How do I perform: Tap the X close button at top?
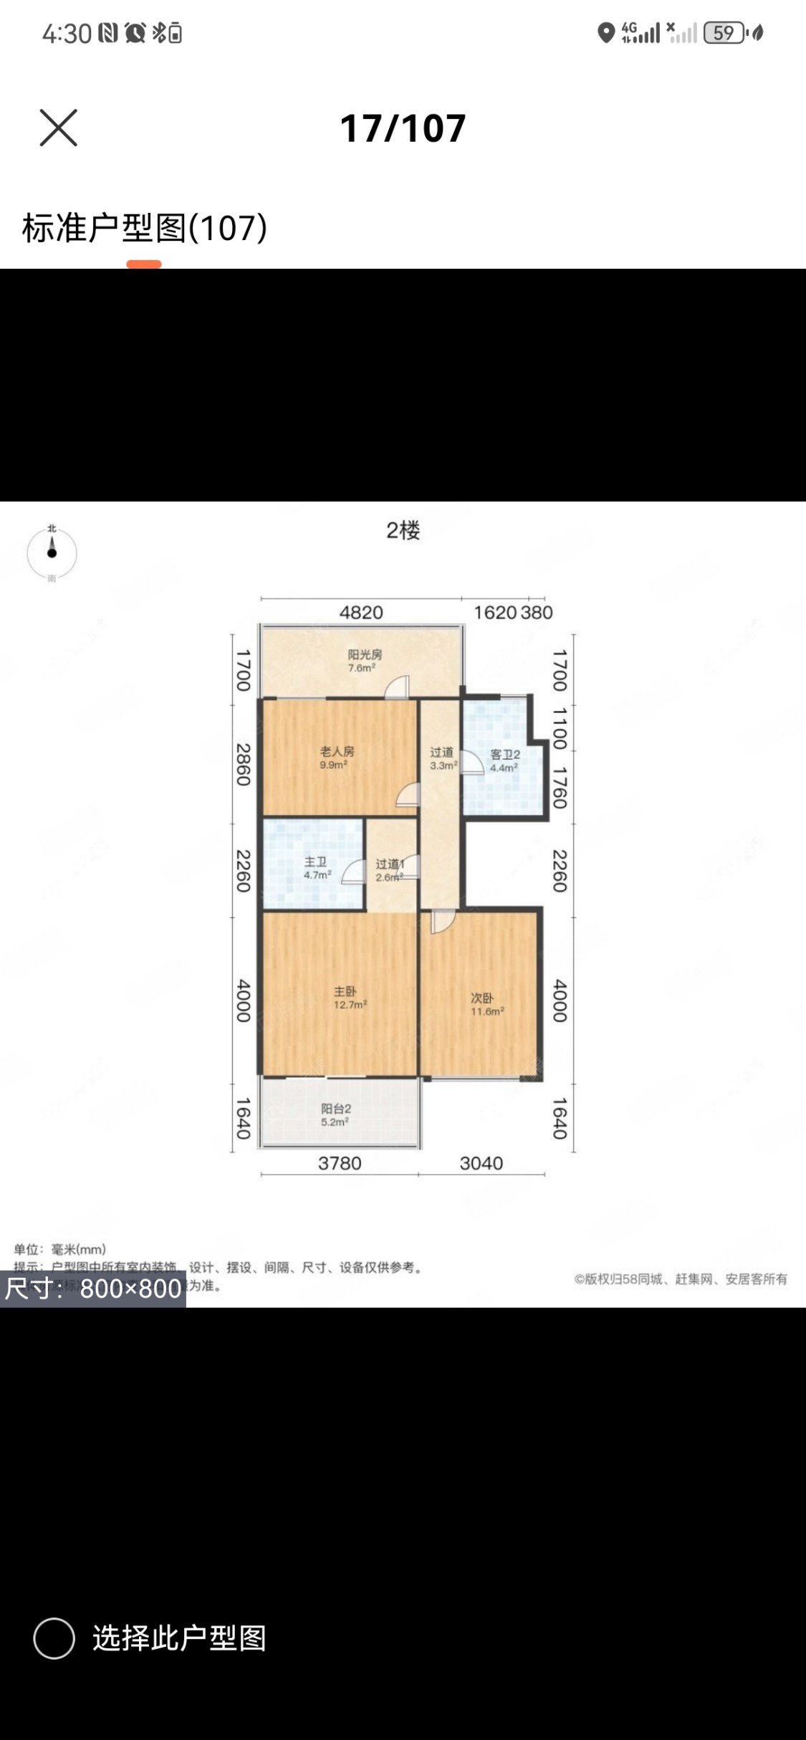point(58,128)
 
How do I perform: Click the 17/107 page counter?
point(403,129)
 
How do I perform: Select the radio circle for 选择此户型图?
point(54,1638)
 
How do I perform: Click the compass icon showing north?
point(52,553)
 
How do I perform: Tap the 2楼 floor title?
point(403,530)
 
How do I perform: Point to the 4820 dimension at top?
point(361,613)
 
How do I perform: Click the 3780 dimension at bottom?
point(340,1163)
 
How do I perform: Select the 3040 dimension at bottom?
point(481,1163)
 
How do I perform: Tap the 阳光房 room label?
point(365,654)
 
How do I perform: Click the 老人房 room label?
point(337,752)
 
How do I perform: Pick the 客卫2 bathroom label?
point(504,755)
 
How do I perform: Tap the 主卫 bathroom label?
point(316,862)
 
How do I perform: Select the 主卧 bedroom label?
point(345,992)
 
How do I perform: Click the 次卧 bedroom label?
point(481,998)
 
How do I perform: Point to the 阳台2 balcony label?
point(336,1109)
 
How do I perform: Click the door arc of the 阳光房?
point(396,688)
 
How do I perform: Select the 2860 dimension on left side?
point(244,765)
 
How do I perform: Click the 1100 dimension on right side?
point(560,728)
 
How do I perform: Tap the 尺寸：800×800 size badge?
point(93,1289)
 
